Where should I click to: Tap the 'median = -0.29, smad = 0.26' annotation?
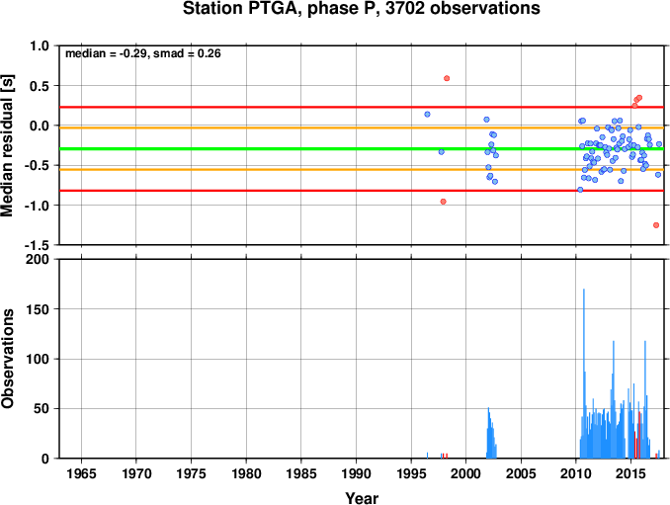[x=142, y=53]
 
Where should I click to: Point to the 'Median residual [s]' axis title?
[x=7, y=145]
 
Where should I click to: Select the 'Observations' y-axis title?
[x=7, y=359]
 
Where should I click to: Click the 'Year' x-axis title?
[x=362, y=498]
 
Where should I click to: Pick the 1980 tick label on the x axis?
[x=246, y=473]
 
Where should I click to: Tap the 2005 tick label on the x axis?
[x=521, y=473]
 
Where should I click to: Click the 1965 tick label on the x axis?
[x=81, y=473]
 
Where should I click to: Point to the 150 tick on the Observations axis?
[x=38, y=309]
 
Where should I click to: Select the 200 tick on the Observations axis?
[x=38, y=259]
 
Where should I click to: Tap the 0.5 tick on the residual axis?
[x=40, y=86]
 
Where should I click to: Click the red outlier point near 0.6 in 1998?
[x=447, y=78]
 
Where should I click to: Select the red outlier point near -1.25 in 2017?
[x=656, y=225]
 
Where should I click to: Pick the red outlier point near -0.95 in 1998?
[x=443, y=202]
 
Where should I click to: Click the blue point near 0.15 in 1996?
[x=427, y=114]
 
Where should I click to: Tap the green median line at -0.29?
[x=362, y=148]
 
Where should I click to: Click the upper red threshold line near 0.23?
[x=362, y=107]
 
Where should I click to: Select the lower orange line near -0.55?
[x=362, y=170]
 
